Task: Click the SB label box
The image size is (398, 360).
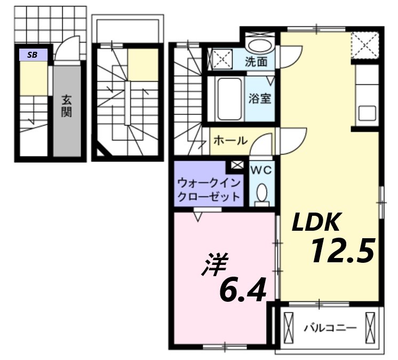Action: click(33, 54)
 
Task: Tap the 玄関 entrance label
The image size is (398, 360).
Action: click(67, 106)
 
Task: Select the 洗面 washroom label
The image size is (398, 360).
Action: click(256, 61)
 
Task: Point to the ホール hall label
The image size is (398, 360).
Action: click(230, 141)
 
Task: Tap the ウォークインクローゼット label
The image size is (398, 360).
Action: click(209, 190)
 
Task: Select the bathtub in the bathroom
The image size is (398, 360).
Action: click(229, 99)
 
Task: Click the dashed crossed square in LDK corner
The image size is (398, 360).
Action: click(366, 44)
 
